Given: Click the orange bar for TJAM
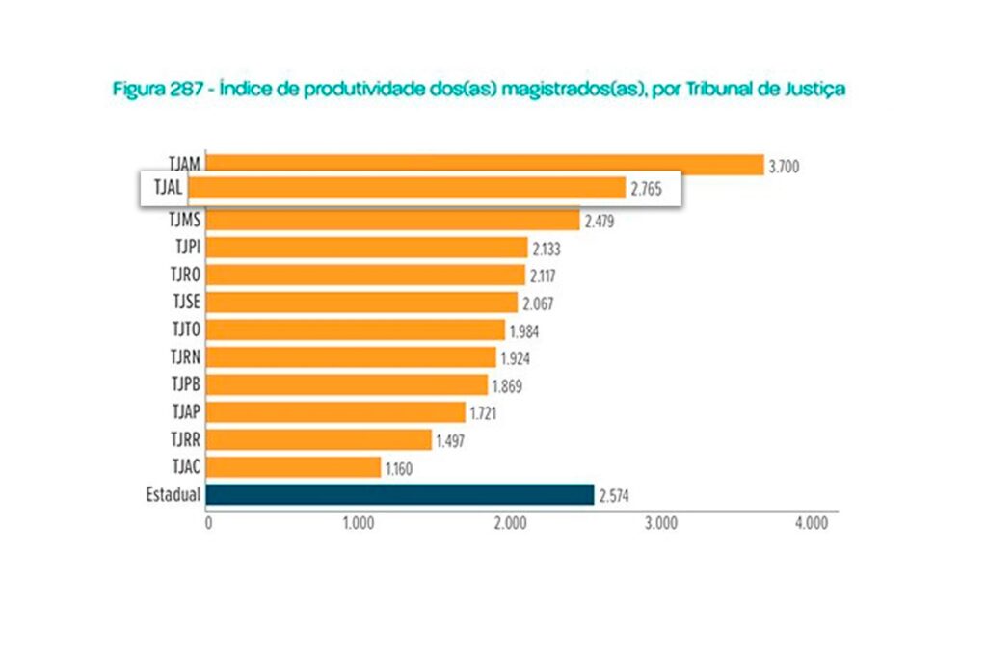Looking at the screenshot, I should tap(485, 165).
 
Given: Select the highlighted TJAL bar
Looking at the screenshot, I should tap(416, 188).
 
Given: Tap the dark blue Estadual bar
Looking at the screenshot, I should tap(400, 494).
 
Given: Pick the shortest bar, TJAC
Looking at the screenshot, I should tap(294, 467).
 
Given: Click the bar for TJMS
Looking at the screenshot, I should tap(393, 220).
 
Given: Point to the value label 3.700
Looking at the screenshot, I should tap(784, 167).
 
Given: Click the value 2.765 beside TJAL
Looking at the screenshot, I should tap(647, 190).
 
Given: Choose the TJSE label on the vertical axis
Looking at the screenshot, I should tap(185, 302).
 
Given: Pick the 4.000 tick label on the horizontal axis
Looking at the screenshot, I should tap(811, 524).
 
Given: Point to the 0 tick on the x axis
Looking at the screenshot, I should tap(208, 524).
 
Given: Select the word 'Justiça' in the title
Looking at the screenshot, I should tap(814, 90).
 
